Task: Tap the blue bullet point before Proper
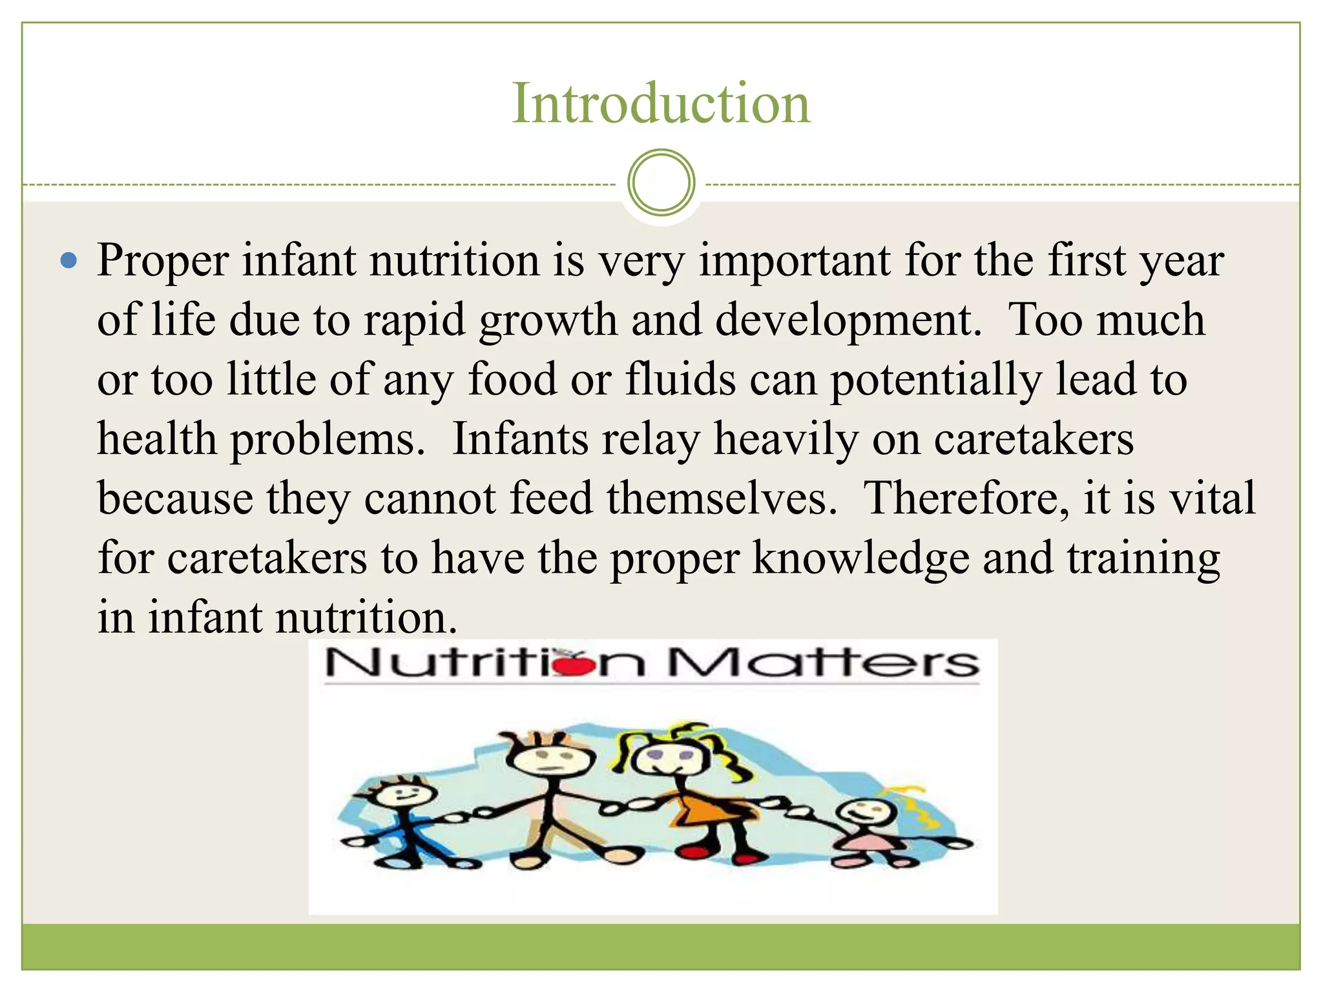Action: (68, 261)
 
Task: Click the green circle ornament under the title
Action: (661, 183)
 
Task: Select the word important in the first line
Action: (795, 261)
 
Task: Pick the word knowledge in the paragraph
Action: (860, 558)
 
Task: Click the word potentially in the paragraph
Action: (935, 380)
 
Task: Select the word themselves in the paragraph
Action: (716, 499)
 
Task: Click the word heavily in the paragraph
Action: (786, 440)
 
